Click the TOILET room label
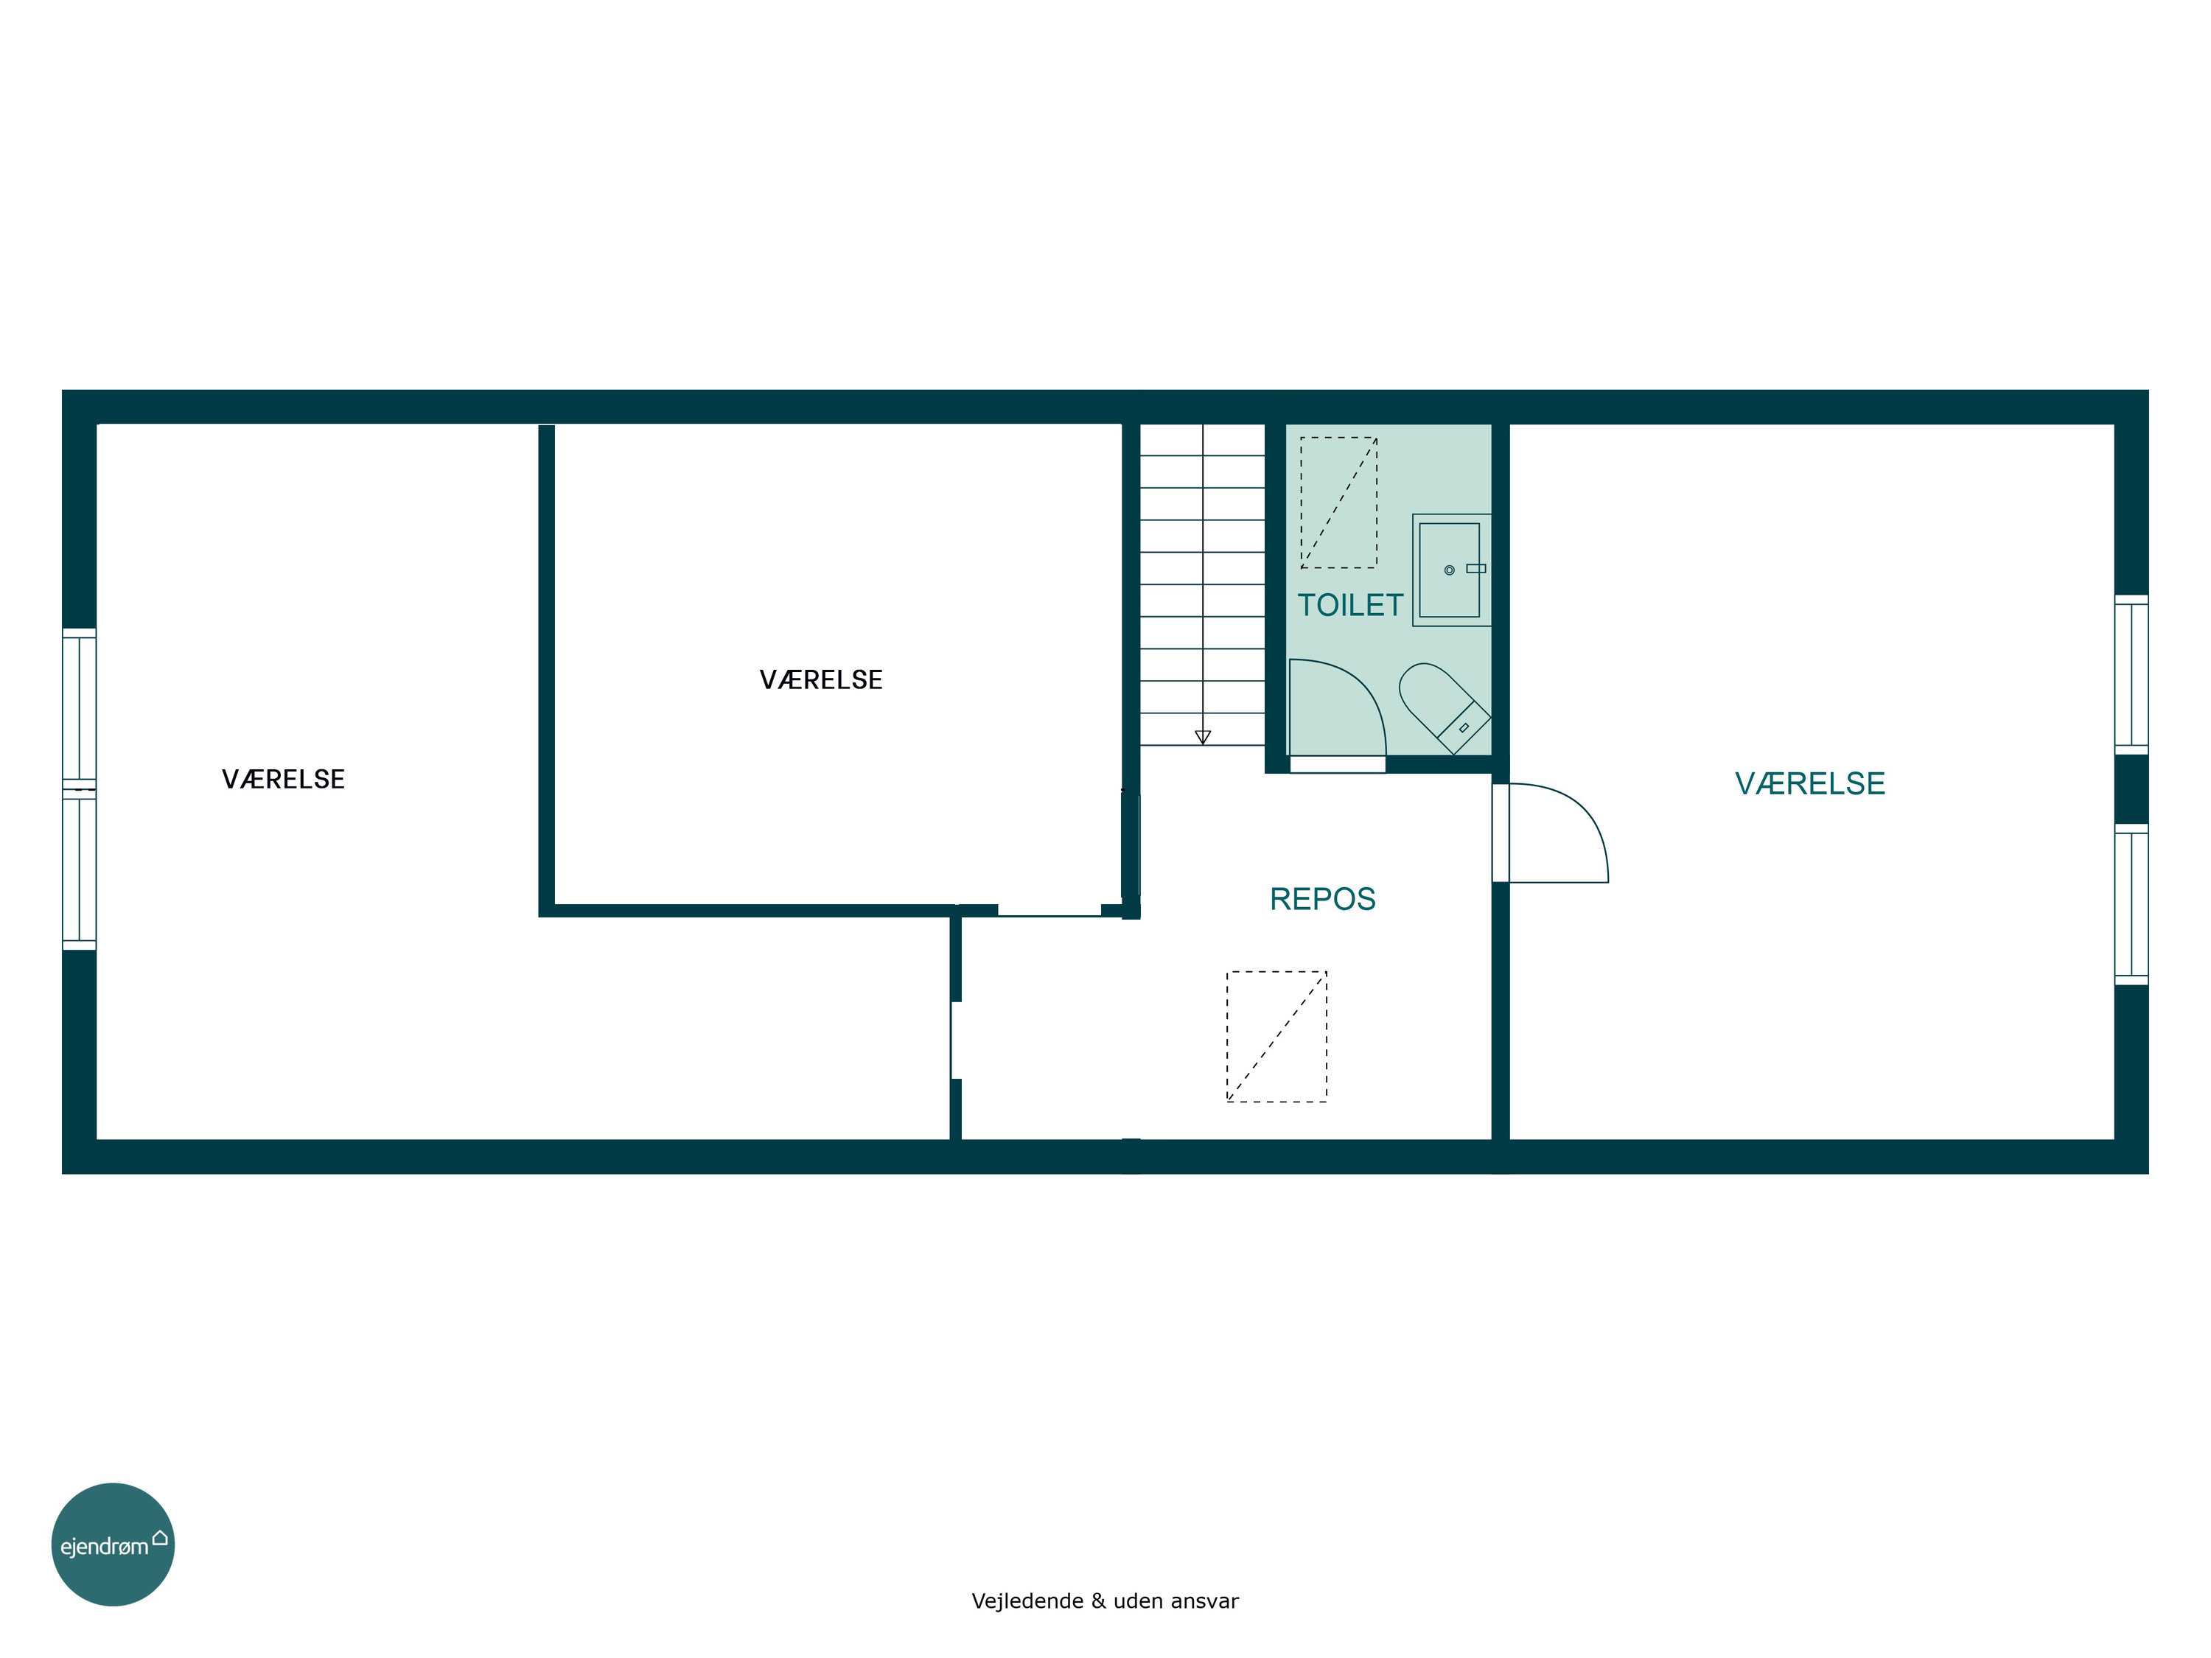click(1350, 605)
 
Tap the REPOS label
click(1322, 900)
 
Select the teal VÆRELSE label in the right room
click(1810, 783)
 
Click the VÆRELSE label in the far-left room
click(283, 780)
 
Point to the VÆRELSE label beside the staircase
click(820, 681)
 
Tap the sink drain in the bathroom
click(1450, 570)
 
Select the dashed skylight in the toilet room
click(1338, 503)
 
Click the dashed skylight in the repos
click(1276, 1036)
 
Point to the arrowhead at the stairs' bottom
click(1203, 738)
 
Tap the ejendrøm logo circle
click(113, 1544)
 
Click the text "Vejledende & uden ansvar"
click(1105, 1601)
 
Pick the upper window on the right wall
click(2131, 674)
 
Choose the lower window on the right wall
click(2131, 904)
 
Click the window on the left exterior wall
click(79, 788)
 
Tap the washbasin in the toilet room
click(1451, 570)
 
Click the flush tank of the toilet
click(1464, 727)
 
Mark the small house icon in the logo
click(160, 1537)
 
